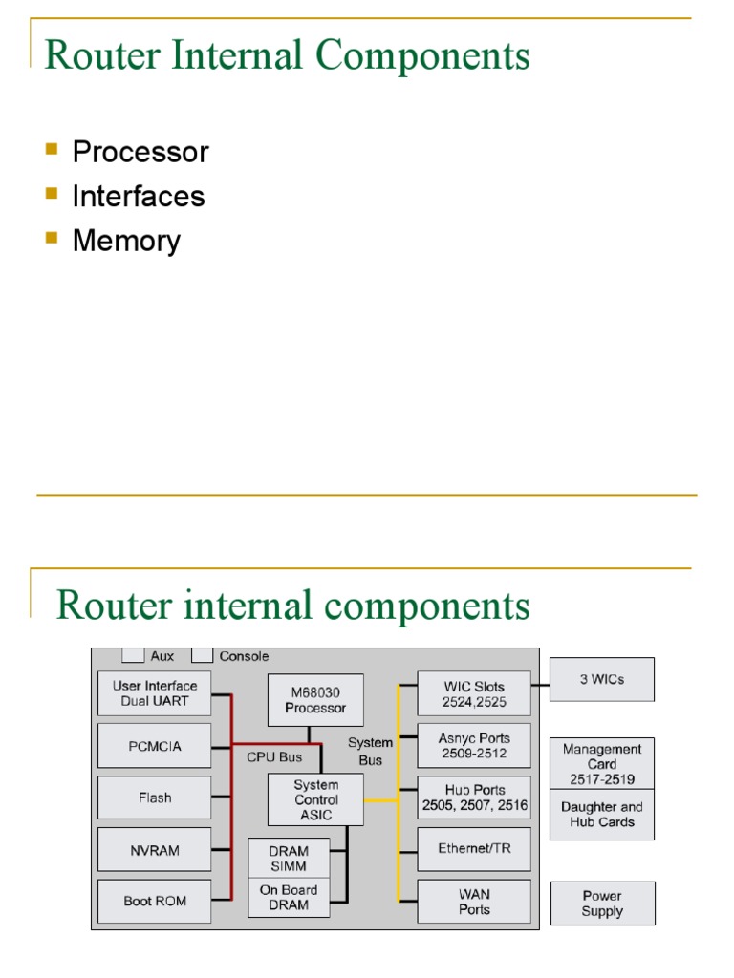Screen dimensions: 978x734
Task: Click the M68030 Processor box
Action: click(x=315, y=700)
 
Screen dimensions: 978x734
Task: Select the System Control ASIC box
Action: click(x=315, y=799)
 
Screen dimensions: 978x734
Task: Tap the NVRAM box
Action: click(x=154, y=849)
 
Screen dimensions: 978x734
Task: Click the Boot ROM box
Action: click(x=154, y=901)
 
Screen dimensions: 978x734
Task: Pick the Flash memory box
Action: click(x=154, y=797)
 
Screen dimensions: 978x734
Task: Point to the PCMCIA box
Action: click(x=154, y=746)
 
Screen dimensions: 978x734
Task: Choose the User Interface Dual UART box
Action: click(x=154, y=693)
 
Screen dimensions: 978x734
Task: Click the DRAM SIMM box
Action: click(x=289, y=858)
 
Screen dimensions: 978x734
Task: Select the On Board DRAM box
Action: click(x=289, y=898)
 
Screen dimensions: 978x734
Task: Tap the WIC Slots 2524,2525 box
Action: click(x=474, y=693)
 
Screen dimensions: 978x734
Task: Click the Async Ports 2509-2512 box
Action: click(x=474, y=746)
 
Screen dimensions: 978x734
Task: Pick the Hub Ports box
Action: click(x=474, y=797)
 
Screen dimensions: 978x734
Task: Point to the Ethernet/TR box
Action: click(x=474, y=849)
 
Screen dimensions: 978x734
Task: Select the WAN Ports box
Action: click(x=474, y=901)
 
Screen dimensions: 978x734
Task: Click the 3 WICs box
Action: click(x=602, y=679)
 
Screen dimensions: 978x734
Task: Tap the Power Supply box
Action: click(x=602, y=904)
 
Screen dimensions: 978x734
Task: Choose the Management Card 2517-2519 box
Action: click(x=602, y=764)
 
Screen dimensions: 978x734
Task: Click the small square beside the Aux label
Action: click(x=133, y=656)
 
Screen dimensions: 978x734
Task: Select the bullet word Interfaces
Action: click(x=139, y=196)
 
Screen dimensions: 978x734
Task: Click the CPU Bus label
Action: click(x=274, y=757)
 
